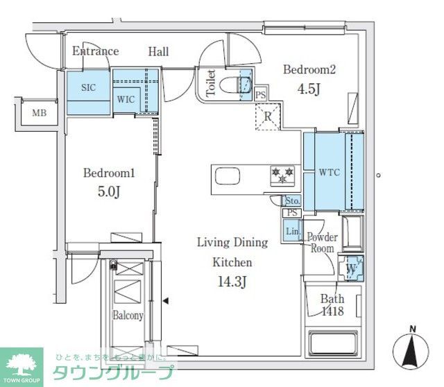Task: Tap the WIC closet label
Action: click(x=126, y=99)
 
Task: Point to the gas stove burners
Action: click(x=282, y=174)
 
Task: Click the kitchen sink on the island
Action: click(x=228, y=177)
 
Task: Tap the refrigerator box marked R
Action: click(x=267, y=117)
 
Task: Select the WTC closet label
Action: click(x=328, y=172)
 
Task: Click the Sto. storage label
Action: click(x=292, y=200)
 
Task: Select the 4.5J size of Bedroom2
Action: click(x=310, y=88)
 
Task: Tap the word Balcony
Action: click(x=128, y=316)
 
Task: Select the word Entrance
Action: click(x=96, y=51)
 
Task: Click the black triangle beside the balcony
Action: click(x=165, y=300)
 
